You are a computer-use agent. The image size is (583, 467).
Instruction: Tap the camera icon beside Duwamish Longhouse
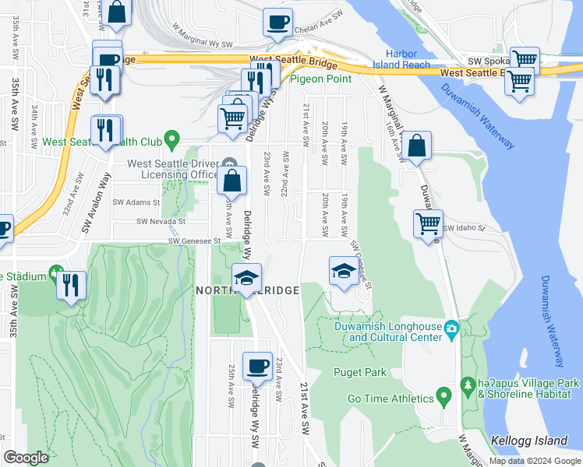(451, 332)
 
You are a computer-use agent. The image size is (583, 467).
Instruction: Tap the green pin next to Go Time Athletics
(444, 398)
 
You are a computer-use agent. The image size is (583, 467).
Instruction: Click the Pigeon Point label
(321, 79)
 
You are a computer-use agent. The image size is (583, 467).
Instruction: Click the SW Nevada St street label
(161, 221)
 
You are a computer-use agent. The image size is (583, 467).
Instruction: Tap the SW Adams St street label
(136, 202)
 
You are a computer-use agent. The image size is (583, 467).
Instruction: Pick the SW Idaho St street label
(465, 229)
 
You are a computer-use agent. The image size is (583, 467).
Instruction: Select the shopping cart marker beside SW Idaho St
(429, 223)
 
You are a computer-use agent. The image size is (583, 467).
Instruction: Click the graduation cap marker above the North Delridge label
(246, 277)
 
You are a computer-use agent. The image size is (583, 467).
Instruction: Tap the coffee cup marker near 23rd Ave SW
(256, 365)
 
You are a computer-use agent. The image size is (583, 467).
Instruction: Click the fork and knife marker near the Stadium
(71, 284)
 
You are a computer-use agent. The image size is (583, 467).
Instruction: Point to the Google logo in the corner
(26, 458)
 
